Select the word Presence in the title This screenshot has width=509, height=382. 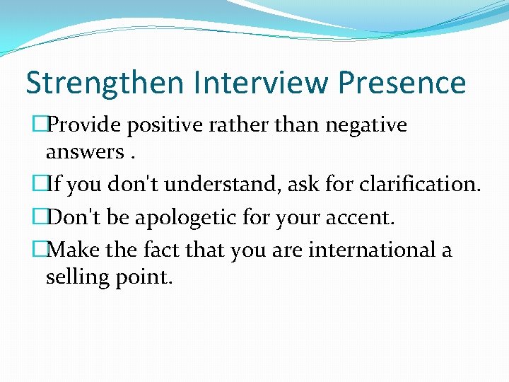tap(402, 83)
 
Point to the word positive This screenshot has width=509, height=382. tap(151, 125)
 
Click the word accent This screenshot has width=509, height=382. tap(359, 217)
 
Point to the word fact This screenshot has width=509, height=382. tap(161, 249)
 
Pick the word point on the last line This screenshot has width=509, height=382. tap(146, 276)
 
